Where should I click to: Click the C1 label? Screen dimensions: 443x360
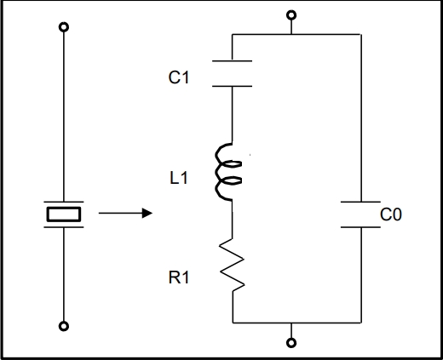point(179,77)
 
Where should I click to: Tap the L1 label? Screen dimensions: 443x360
point(179,178)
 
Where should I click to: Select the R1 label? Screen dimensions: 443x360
point(179,277)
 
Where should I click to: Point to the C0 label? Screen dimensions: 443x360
point(391,214)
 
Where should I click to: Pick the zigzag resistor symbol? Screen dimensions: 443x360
point(233,265)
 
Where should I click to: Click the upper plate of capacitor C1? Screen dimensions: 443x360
point(232,60)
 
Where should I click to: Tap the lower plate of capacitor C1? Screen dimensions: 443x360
point(232,86)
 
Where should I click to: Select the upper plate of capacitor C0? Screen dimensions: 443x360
point(360,202)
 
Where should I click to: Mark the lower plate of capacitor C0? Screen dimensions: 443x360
point(360,227)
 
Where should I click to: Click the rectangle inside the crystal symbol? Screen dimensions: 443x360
point(64,214)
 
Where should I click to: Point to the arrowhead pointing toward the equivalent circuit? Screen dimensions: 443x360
point(147,213)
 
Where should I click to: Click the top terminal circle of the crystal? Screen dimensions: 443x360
point(64,27)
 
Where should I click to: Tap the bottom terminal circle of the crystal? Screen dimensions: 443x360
point(64,326)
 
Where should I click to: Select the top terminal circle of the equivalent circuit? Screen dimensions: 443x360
point(291,15)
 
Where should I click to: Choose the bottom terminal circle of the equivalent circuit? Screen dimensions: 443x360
point(291,343)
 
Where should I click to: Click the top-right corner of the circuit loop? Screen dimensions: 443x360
point(361,35)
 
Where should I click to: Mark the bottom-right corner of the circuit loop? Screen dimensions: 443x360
point(361,323)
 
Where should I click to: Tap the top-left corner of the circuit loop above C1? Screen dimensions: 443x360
point(233,35)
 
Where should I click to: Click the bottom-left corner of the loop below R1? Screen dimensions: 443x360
point(233,323)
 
